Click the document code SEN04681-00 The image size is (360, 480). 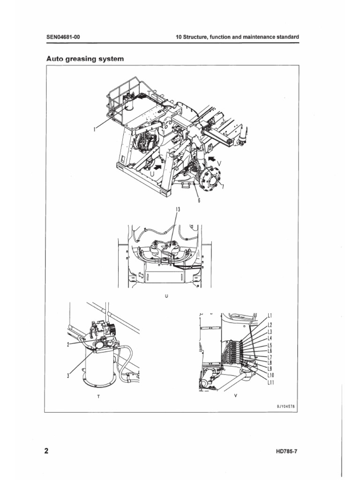(66, 37)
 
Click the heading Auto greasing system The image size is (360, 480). (85, 59)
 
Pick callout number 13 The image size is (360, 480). (178, 209)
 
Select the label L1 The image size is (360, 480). (270, 315)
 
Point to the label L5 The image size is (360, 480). (270, 346)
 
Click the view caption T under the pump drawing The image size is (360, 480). (98, 396)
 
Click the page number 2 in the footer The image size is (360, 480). (46, 451)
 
